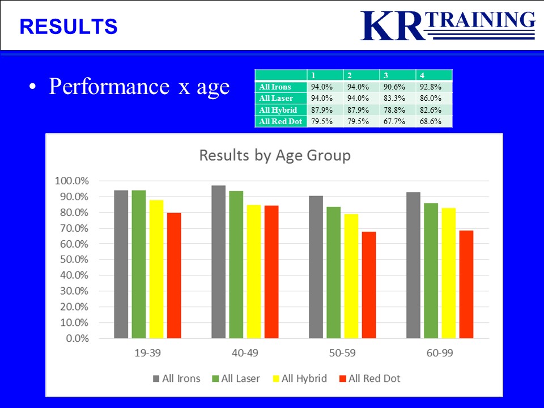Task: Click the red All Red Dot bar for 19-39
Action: pos(174,275)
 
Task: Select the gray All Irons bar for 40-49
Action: pos(219,262)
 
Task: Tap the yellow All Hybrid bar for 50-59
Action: pos(351,276)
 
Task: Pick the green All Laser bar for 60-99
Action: pos(431,271)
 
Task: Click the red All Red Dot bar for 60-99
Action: pos(466,284)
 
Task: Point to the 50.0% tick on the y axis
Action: pos(74,260)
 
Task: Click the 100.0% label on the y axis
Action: pos(72,181)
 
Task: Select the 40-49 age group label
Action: pos(245,353)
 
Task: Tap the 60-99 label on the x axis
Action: pos(440,353)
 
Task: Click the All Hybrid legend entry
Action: pos(300,378)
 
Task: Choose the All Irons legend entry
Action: pos(177,378)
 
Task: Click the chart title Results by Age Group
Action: pos(275,155)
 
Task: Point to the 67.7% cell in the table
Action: pos(394,121)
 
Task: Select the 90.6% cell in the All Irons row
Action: pos(394,87)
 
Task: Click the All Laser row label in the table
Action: pos(276,98)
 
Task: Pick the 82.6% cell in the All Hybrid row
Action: pos(431,110)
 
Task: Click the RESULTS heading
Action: pos(69,27)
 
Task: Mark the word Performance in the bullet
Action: pos(109,86)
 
